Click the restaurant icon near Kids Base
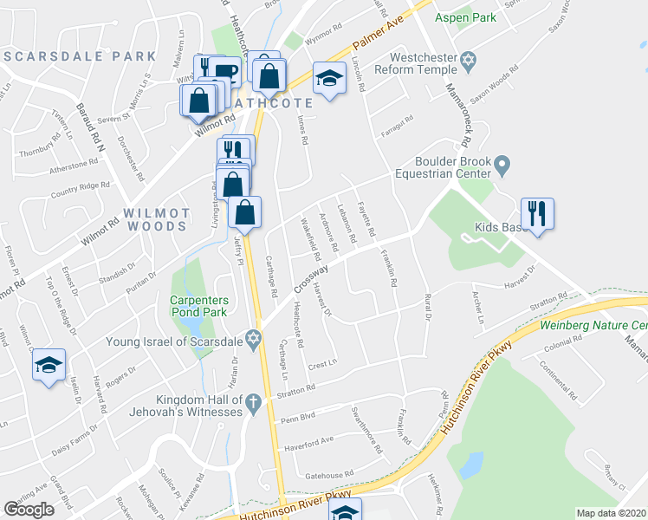click(x=537, y=212)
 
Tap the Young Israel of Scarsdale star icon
click(x=253, y=341)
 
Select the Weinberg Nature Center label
click(x=593, y=326)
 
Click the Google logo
click(x=29, y=510)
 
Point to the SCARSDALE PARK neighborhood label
click(x=80, y=56)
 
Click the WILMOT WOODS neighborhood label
click(x=156, y=219)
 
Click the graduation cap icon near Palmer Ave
click(x=328, y=79)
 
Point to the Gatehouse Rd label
click(x=330, y=474)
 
